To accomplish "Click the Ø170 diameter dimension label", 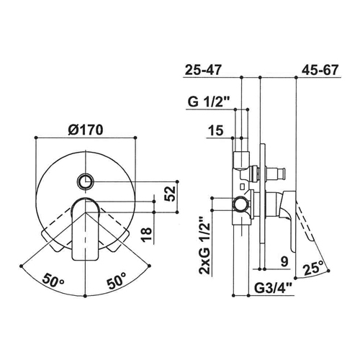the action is pos(86,130).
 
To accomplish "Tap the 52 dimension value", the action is pos(170,194).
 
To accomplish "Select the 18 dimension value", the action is pos(147,235).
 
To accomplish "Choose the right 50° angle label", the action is pos(117,280).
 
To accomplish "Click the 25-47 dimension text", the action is pos(203,71).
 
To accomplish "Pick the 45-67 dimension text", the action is pos(320,70).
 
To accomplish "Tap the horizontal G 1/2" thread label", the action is pos(208,102).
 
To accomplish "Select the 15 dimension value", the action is pos(216,131).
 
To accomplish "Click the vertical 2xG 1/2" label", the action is pos(204,246).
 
